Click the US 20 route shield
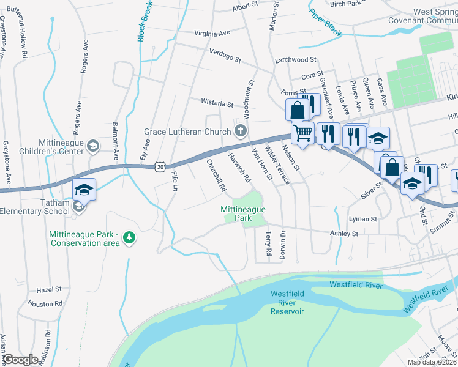tap(160, 166)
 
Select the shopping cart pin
tap(302, 133)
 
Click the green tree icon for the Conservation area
tap(129, 237)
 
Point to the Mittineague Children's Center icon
tap(92, 146)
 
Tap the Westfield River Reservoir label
tap(288, 303)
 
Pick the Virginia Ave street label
tap(212, 32)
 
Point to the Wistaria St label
tap(217, 103)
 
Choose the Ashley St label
tap(343, 234)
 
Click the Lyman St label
tap(362, 218)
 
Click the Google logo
tap(20, 360)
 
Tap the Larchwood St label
tap(295, 60)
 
